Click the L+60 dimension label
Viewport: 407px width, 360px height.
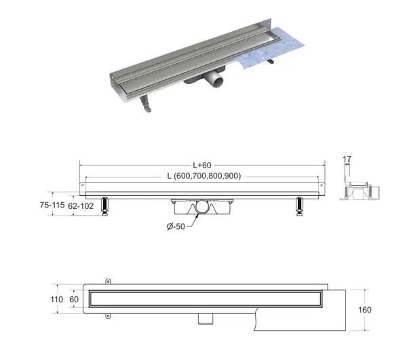(x=202, y=165)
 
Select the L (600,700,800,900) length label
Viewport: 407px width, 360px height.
(x=204, y=176)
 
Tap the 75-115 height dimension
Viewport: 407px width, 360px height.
(x=52, y=205)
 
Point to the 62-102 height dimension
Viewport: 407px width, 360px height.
(x=81, y=206)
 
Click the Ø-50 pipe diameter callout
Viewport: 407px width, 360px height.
(x=176, y=226)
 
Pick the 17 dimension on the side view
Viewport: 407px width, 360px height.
(x=347, y=159)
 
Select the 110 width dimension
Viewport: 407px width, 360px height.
(x=56, y=299)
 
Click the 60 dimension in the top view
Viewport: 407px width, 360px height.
(x=74, y=299)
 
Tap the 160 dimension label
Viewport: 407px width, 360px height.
(x=365, y=310)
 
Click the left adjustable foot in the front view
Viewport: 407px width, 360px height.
(x=105, y=207)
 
